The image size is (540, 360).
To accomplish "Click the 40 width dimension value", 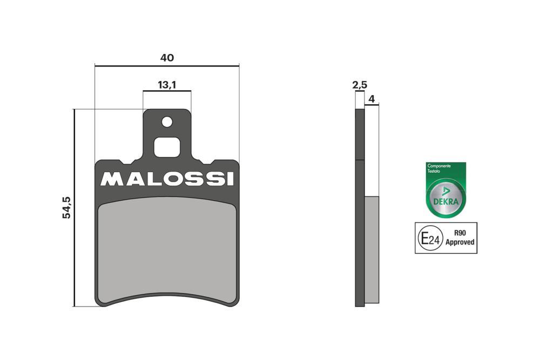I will pos(166,58).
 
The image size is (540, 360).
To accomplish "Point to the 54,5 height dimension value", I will pos(66,207).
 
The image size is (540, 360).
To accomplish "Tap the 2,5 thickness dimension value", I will pos(360,85).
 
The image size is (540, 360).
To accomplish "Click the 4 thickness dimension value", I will pos(372,99).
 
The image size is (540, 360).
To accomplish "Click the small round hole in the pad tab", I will pos(167,122).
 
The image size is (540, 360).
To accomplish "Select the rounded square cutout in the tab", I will pos(167,147).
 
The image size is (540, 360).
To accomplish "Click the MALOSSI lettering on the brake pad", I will pos(167,179).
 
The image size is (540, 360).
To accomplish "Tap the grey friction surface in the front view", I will pos(167,248).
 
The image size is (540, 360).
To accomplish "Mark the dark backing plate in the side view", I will pos(360,232).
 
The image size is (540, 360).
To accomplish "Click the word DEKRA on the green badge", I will pos(446,202).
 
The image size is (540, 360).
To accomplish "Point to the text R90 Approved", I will pos(460,237).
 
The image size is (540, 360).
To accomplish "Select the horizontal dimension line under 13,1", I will pos(167,91).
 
